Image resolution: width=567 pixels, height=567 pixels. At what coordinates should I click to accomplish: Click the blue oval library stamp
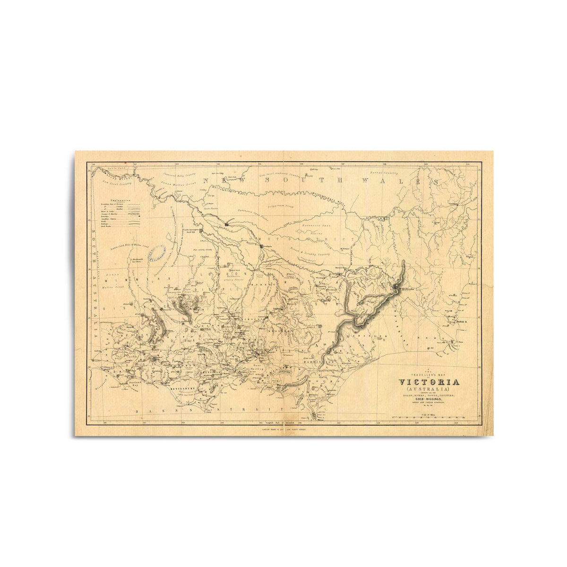pos(157,254)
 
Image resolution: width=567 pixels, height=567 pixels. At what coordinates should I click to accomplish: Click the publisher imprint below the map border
pos(283,430)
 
